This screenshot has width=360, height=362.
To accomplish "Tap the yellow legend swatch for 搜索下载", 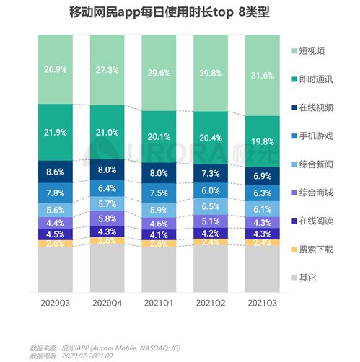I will pos(295,249).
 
